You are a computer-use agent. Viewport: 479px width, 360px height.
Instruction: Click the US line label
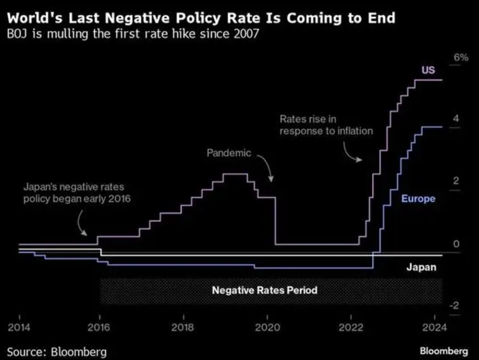click(x=428, y=70)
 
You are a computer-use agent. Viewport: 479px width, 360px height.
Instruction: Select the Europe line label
click(x=418, y=199)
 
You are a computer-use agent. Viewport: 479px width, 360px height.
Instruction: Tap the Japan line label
click(x=421, y=267)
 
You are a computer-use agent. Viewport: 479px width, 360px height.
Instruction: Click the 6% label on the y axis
click(x=461, y=58)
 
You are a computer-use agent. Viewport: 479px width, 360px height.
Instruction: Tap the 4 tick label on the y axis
click(x=455, y=119)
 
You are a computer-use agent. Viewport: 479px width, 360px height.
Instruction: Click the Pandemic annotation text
click(x=229, y=153)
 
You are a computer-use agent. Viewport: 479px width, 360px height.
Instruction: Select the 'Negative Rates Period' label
click(x=264, y=290)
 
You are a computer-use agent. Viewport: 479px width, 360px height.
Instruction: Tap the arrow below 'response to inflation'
click(x=352, y=153)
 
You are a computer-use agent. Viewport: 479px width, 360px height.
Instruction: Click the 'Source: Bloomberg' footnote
click(x=57, y=352)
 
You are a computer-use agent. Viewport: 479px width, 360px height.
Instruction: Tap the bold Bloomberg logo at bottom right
click(x=444, y=351)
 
